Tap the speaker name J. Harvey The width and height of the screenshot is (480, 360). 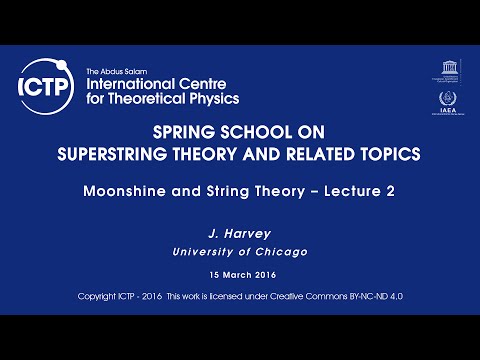(x=239, y=232)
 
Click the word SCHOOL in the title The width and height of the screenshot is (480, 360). (x=259, y=134)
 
